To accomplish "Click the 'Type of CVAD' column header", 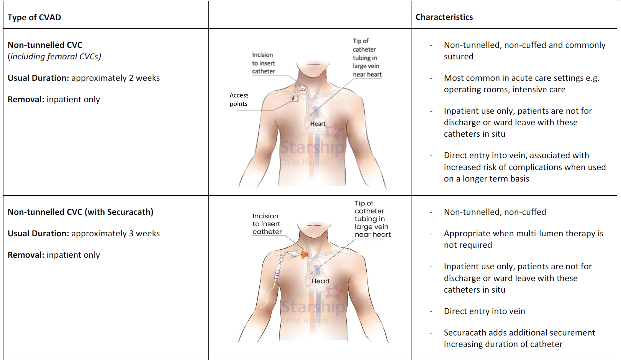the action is click(x=34, y=18).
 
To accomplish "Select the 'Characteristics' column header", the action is click(x=444, y=17).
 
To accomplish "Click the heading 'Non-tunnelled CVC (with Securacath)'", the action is click(x=80, y=212).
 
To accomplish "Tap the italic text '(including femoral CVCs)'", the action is click(x=54, y=57).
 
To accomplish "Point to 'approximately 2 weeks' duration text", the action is click(x=115, y=78).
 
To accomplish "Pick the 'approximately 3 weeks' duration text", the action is click(x=115, y=234).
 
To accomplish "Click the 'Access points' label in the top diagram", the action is click(x=239, y=100).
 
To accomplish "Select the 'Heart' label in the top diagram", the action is click(x=318, y=124).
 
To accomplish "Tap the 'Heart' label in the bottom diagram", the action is click(x=320, y=281).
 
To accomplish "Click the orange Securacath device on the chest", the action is click(x=305, y=254).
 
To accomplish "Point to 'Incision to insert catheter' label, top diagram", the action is click(x=263, y=63).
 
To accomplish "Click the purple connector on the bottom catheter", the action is click(x=277, y=275).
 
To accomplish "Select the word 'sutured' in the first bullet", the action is click(x=459, y=57).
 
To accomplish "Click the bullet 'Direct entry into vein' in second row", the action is click(x=484, y=311).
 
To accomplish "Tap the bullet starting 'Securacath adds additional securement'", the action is click(x=519, y=339).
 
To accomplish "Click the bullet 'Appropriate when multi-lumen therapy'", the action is click(x=523, y=239).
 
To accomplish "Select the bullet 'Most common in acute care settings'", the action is click(x=521, y=84).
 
